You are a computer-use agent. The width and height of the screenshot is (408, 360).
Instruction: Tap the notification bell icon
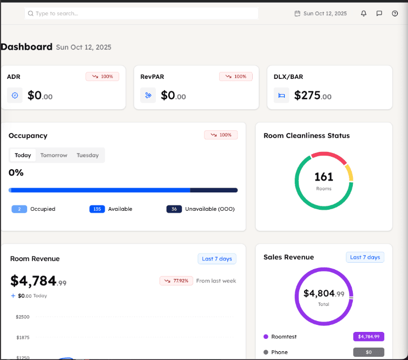[x=364, y=14]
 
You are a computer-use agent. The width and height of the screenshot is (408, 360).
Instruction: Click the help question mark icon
[x=394, y=14]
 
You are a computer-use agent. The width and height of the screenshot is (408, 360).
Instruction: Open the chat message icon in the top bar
[x=379, y=14]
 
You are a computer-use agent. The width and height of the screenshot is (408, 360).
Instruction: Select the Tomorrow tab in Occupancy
[x=54, y=155]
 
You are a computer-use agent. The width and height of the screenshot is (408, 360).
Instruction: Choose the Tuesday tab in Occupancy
[x=88, y=155]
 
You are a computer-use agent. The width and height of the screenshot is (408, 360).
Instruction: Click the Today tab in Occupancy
[x=23, y=155]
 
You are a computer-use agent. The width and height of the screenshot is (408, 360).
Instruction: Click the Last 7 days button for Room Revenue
[x=217, y=259]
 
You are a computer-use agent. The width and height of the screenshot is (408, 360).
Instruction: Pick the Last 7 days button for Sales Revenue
[x=365, y=257]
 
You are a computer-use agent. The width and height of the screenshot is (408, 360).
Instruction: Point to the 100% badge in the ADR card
[x=102, y=77]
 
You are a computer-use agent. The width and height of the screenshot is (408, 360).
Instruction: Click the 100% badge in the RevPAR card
[x=236, y=77]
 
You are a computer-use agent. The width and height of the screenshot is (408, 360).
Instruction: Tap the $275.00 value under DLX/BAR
[x=313, y=96]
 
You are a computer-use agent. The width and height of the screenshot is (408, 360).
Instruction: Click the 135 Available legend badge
[x=97, y=209]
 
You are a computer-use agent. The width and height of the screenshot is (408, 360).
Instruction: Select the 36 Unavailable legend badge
[x=174, y=209]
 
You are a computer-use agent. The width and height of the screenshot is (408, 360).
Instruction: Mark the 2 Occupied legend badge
[x=19, y=209]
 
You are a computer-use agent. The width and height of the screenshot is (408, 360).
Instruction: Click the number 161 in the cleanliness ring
[x=324, y=177]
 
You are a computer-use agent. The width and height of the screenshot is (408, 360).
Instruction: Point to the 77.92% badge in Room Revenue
[x=176, y=281]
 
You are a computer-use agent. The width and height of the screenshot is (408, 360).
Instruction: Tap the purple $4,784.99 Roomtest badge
[x=368, y=336]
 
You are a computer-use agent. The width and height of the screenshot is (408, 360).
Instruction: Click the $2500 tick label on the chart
[x=23, y=317]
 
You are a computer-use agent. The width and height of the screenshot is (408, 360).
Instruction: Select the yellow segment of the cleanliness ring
[x=350, y=172]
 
